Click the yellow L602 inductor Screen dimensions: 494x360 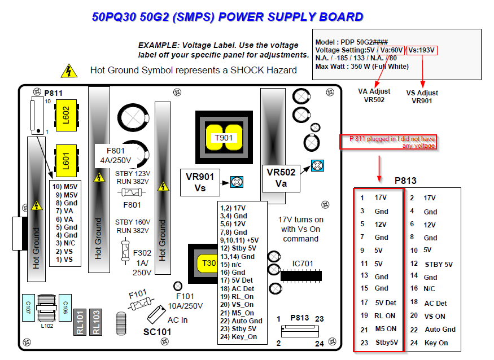pyautogui.click(x=66, y=115)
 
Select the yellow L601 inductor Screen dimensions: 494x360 pyautogui.click(x=66, y=161)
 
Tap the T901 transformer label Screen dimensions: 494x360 pyautogui.click(x=224, y=138)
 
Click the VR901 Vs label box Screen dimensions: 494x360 pyautogui.click(x=200, y=182)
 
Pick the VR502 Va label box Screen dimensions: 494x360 pyautogui.click(x=281, y=178)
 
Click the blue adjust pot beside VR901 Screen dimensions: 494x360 pyautogui.click(x=237, y=182)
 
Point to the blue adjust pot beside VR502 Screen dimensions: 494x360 pyautogui.click(x=317, y=166)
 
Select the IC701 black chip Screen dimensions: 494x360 pyautogui.click(x=301, y=275)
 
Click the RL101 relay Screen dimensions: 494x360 pyautogui.click(x=80, y=322)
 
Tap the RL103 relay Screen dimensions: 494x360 pyautogui.click(x=96, y=322)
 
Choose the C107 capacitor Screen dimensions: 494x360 pyautogui.click(x=28, y=308)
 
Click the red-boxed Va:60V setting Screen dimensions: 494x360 pyautogui.click(x=391, y=50)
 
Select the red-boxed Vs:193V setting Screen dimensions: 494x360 pyautogui.click(x=422, y=50)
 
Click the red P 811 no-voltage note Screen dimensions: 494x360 pyautogui.click(x=388, y=142)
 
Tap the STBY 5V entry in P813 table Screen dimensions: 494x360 pyautogui.click(x=439, y=264)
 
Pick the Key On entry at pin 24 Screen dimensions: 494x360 pyautogui.click(x=436, y=343)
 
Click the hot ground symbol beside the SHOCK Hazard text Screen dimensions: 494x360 pyautogui.click(x=69, y=71)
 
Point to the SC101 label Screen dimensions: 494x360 pyautogui.click(x=157, y=332)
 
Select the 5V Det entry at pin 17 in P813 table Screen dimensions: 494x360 pyautogui.click(x=386, y=302)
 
